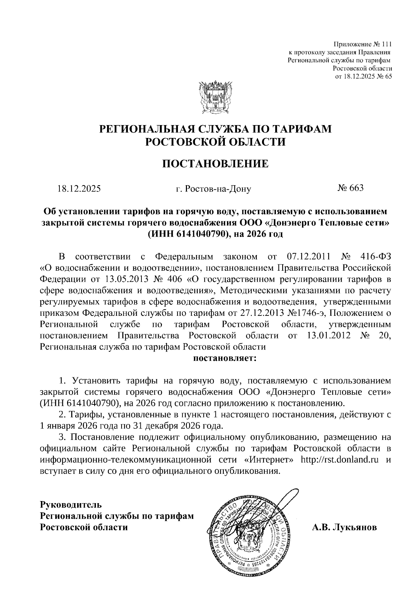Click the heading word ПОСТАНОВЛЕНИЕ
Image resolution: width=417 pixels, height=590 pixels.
pos(215,163)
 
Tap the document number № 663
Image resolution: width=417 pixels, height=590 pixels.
pos(350,188)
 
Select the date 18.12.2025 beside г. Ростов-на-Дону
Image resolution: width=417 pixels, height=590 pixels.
pos(79,189)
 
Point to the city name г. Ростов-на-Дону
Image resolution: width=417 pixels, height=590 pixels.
pos(213,189)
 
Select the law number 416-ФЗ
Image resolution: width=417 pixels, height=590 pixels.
pos(376,257)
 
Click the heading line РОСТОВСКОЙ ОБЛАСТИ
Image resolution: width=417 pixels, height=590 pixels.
pos(215,141)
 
